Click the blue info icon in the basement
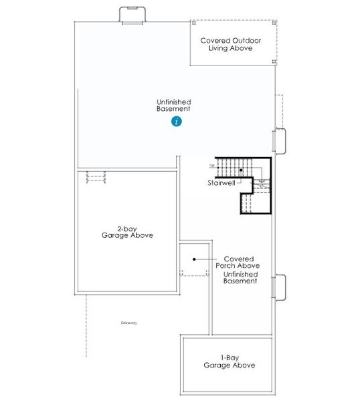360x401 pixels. (176, 121)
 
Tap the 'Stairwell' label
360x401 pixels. (220, 182)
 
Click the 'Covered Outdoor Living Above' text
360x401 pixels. (231, 44)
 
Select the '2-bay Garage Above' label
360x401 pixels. (127, 231)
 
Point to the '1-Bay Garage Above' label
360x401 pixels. (230, 362)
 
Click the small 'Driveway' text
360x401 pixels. (129, 323)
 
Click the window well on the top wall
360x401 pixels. (132, 15)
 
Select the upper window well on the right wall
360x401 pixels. (281, 140)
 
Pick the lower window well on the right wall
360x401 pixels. (281, 287)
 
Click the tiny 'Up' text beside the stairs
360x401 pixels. (212, 165)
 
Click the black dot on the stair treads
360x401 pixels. (241, 171)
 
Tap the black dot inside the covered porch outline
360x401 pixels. (193, 259)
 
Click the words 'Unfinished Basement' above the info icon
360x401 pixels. (173, 105)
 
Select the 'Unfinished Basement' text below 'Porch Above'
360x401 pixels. (240, 277)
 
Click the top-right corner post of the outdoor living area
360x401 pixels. (274, 22)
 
